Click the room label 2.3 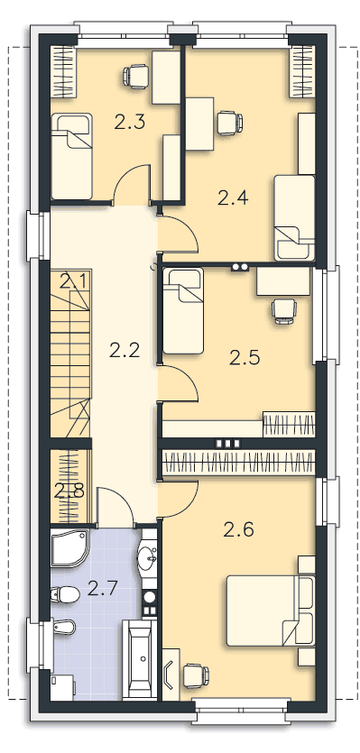[x=130, y=123]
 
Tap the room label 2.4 [x=233, y=197]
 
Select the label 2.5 [x=245, y=358]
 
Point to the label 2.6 [x=238, y=530]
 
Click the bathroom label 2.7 [x=103, y=588]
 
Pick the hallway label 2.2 [x=125, y=350]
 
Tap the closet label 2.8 [x=69, y=491]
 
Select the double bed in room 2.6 [x=271, y=611]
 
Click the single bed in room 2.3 [x=71, y=156]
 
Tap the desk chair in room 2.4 [x=229, y=123]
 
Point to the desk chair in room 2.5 [x=283, y=311]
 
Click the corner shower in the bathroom [x=69, y=548]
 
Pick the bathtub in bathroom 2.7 [x=139, y=658]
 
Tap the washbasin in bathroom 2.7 [x=148, y=558]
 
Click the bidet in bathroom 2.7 [x=63, y=627]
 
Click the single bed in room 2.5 [x=183, y=311]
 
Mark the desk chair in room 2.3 [x=135, y=76]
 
